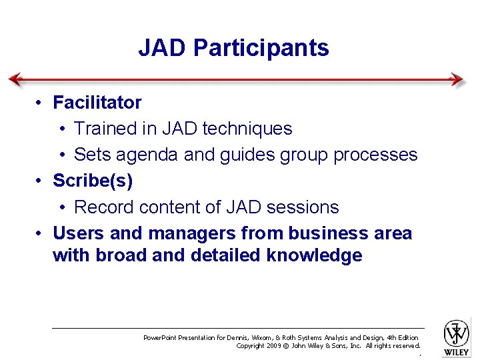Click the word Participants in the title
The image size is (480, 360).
coord(261,49)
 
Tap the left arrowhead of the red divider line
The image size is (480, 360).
coord(15,79)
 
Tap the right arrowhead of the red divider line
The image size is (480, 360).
coord(457,79)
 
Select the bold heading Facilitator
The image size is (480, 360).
coord(97,103)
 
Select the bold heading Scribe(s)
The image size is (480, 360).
coord(93,181)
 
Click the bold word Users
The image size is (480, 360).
coord(75,233)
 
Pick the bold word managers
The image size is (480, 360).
coord(193,233)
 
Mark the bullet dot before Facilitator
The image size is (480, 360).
coord(41,103)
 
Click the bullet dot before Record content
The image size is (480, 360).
coord(61,207)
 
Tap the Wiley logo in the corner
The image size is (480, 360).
coord(457,336)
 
